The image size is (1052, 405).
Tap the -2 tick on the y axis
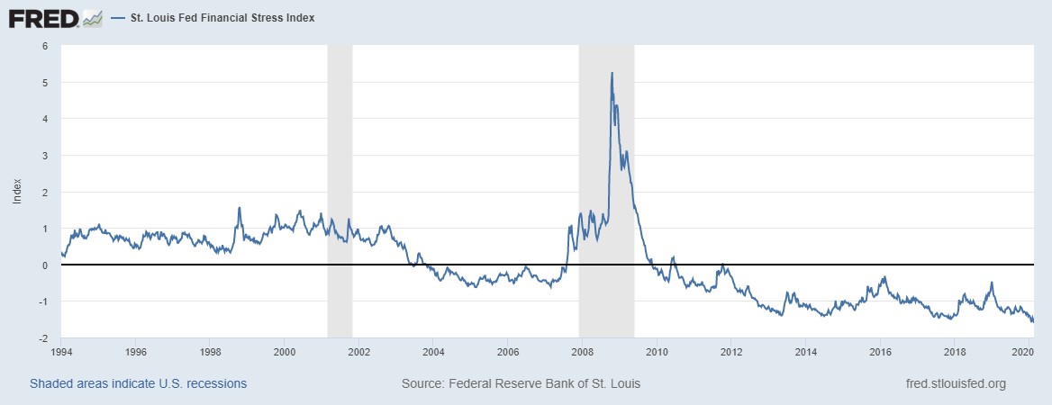pos(42,338)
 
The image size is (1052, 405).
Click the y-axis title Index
pos(17,192)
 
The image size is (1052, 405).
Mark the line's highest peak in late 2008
pos(612,73)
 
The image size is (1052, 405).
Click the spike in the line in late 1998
pos(239,208)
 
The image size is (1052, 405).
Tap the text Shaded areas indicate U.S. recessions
pos(138,383)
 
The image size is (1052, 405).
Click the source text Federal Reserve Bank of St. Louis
pos(521,383)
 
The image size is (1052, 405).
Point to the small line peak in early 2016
pos(884,277)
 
